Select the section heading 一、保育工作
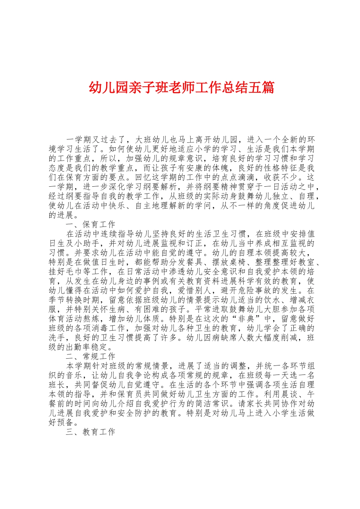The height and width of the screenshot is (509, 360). (x=90, y=225)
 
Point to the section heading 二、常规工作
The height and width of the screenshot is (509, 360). (x=90, y=356)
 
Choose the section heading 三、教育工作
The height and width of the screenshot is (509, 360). (x=90, y=432)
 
